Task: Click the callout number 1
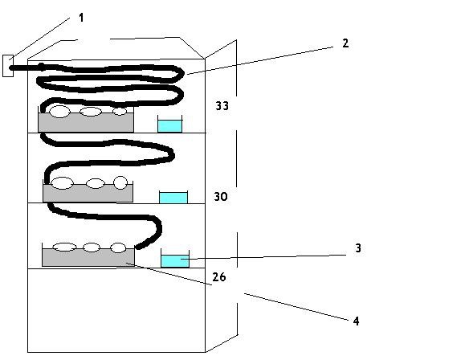click(x=81, y=18)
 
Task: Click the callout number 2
click(x=345, y=43)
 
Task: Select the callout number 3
click(x=358, y=248)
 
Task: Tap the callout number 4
click(x=356, y=321)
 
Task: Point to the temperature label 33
click(x=222, y=105)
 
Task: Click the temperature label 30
click(x=220, y=197)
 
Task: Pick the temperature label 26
click(x=219, y=277)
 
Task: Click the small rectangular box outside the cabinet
click(x=8, y=66)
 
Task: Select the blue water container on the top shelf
click(x=170, y=126)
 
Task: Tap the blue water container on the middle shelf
click(x=173, y=198)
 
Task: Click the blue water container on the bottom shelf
click(x=175, y=261)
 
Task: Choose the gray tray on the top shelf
click(x=86, y=121)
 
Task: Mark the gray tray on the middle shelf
click(x=88, y=193)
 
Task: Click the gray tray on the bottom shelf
click(x=88, y=257)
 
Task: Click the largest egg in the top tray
click(x=59, y=112)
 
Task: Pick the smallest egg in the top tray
click(x=120, y=111)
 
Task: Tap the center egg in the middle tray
click(x=95, y=183)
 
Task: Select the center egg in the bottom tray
click(x=92, y=247)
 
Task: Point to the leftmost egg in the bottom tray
click(x=64, y=247)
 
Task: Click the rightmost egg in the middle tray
click(x=120, y=182)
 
